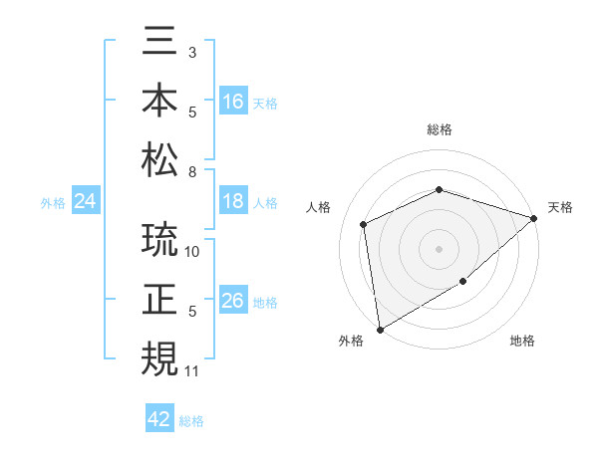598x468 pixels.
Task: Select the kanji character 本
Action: [159, 101]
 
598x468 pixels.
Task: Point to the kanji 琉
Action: [159, 242]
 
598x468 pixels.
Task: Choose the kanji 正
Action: [159, 300]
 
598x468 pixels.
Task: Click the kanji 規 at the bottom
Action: [159, 358]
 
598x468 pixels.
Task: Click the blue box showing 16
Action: [233, 101]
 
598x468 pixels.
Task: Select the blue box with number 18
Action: [233, 201]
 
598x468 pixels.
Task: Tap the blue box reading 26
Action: [233, 301]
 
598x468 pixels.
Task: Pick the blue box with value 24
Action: [86, 202]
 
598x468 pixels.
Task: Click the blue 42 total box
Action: [159, 419]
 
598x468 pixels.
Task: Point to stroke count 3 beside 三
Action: [191, 51]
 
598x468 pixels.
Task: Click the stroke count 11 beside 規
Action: [192, 371]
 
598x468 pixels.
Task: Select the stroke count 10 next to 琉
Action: [193, 252]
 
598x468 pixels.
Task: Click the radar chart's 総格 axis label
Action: [439, 130]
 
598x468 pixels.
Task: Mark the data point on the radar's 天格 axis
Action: [534, 218]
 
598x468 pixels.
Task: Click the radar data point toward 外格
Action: [380, 329]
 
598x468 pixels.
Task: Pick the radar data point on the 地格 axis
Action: [463, 283]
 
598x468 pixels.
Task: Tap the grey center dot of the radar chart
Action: [439, 249]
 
